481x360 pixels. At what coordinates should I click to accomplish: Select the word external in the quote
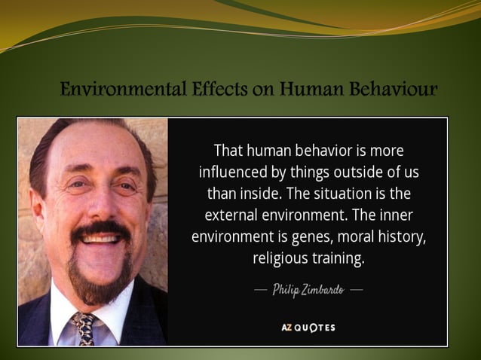tap(231, 215)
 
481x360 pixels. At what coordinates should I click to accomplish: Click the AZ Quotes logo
tap(308, 328)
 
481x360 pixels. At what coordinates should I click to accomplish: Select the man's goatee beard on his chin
tap(102, 282)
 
